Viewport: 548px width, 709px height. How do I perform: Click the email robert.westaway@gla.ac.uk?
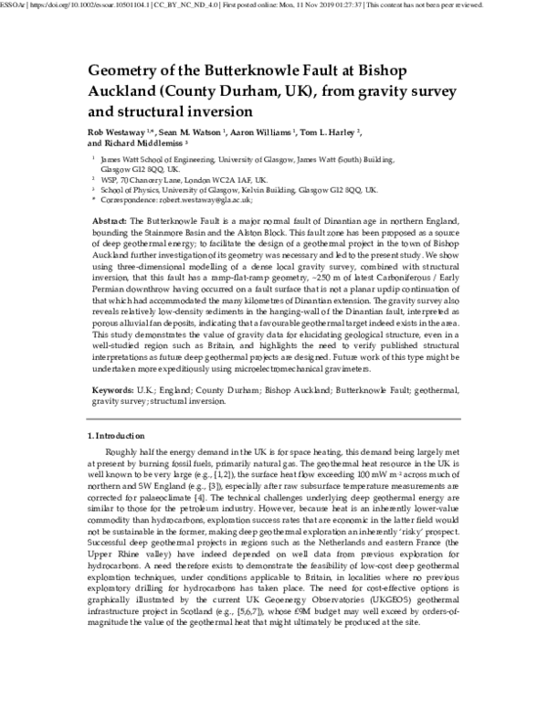[189, 199]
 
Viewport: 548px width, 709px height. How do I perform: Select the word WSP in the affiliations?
[110, 180]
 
